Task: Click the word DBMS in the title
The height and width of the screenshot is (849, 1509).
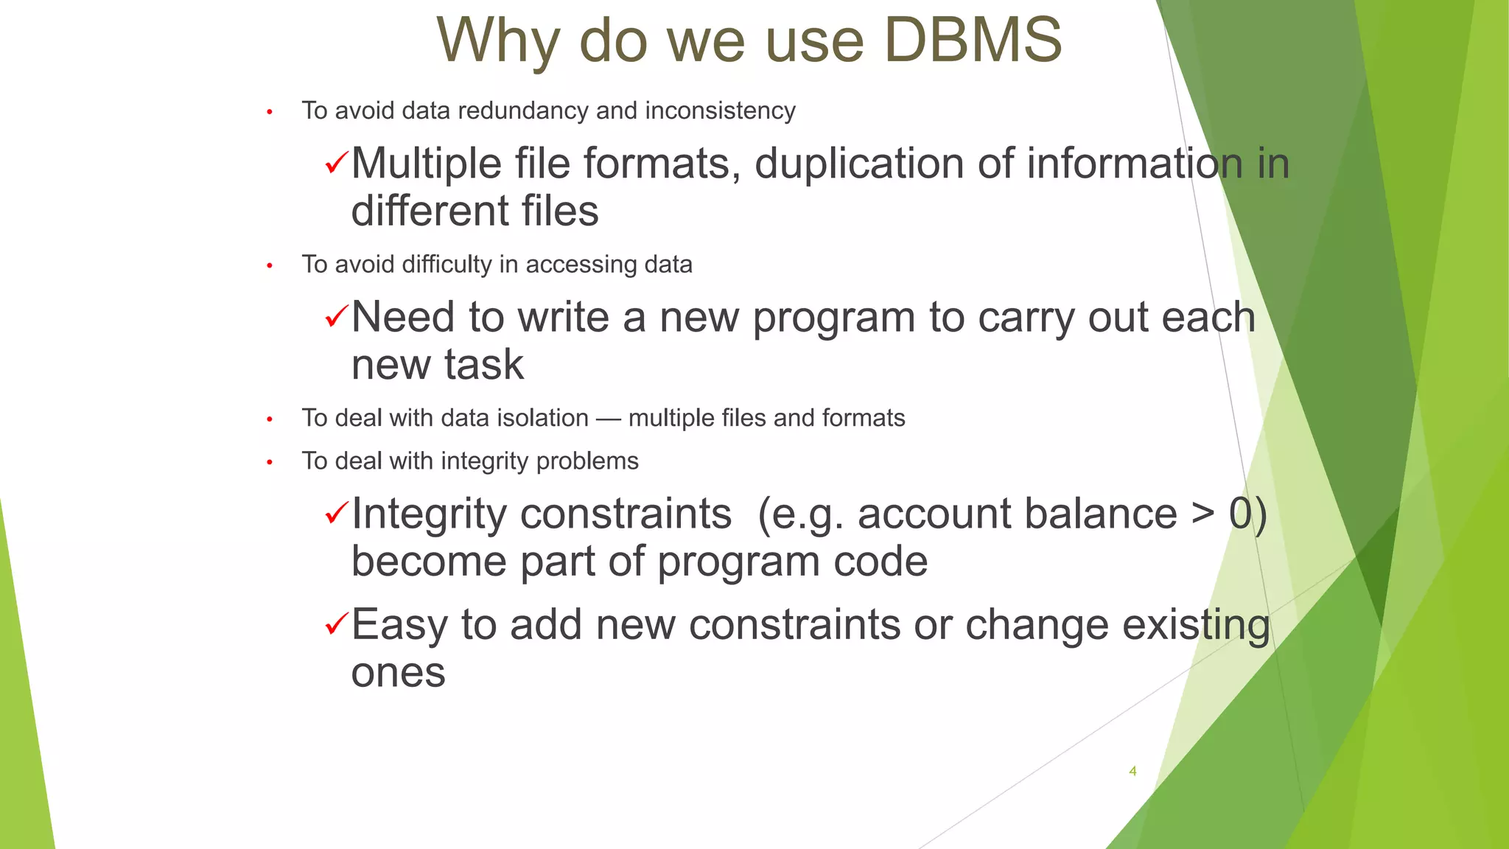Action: [x=972, y=40]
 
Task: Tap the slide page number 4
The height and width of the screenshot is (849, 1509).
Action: [x=1132, y=771]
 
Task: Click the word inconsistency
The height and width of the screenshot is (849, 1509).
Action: [x=720, y=111]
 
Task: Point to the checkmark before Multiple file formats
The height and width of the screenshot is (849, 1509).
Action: [x=335, y=162]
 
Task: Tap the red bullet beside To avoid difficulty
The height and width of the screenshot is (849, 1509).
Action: [x=270, y=265]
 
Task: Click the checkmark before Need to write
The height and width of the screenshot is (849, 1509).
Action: [x=335, y=317]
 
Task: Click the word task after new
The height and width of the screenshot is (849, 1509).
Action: [x=483, y=365]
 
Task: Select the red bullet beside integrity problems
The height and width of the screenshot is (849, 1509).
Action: [x=270, y=462]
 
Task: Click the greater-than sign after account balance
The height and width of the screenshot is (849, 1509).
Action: [x=1202, y=514]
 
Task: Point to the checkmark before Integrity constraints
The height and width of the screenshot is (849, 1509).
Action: [x=335, y=513]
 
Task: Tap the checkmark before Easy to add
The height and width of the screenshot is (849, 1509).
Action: [x=335, y=624]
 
